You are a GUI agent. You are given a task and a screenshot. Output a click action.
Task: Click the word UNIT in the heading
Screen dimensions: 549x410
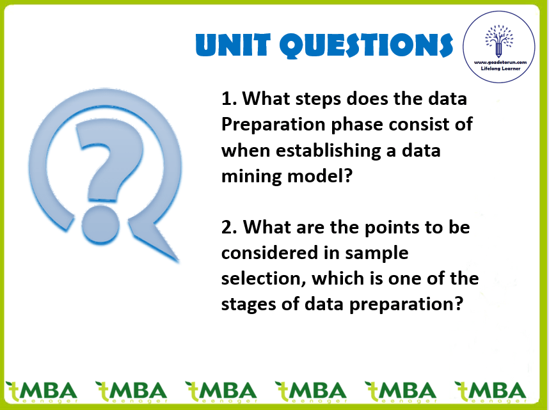(x=233, y=45)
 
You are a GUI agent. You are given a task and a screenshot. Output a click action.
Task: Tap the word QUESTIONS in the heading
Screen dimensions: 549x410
(x=367, y=45)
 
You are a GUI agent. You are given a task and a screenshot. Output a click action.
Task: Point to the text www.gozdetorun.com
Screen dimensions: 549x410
(x=500, y=62)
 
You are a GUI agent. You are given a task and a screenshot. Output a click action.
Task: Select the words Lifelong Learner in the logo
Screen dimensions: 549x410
(x=500, y=68)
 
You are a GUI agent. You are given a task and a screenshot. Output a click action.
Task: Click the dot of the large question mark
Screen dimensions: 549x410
(x=100, y=225)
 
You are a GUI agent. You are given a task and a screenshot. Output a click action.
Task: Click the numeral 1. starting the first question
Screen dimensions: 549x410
(x=229, y=99)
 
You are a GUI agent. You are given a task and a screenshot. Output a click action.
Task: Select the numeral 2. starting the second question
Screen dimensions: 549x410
(x=230, y=227)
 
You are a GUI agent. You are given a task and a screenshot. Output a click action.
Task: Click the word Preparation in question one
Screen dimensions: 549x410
(x=273, y=125)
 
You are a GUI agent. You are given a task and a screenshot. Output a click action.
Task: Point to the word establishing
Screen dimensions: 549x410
(x=328, y=151)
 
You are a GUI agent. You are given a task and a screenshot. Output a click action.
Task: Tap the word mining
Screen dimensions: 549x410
(x=251, y=177)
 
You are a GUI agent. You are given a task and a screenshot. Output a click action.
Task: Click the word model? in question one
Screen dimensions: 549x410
(x=320, y=176)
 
